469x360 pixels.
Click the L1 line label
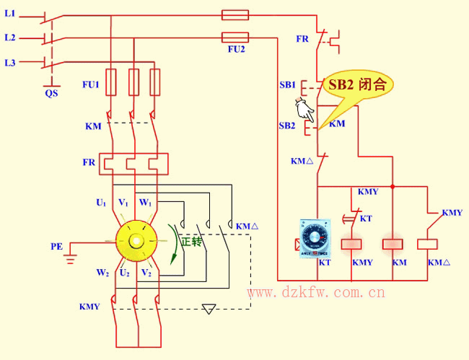pos(10,14)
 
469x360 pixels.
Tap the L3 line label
pos(10,63)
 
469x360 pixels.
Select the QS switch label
pos(51,92)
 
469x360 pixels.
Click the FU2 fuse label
pos(235,50)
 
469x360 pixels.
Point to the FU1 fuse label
pos(90,84)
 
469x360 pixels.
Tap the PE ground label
pos(57,246)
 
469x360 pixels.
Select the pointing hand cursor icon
pos(304,110)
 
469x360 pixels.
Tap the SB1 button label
pos(287,84)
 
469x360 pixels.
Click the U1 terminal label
pos(101,203)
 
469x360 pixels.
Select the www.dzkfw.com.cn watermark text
pos(315,293)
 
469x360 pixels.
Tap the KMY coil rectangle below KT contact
pos(351,243)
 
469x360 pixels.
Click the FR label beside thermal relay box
pos(89,162)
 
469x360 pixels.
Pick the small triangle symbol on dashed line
pos(209,309)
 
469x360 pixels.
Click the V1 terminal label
pos(124,203)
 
